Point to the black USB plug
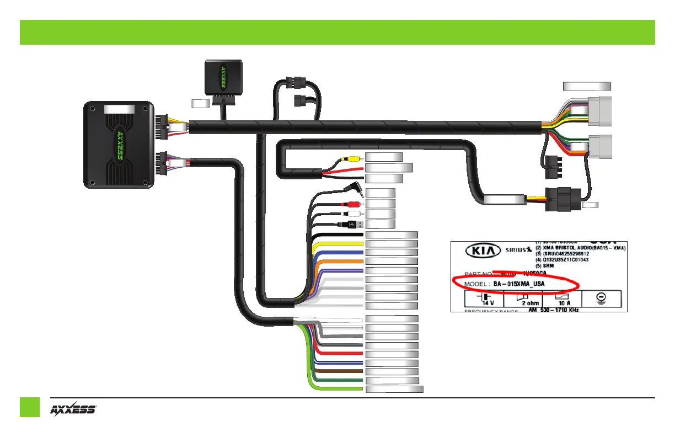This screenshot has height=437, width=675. [355, 224]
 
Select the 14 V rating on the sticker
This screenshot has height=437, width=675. [488, 302]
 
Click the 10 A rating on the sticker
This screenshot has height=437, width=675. [562, 302]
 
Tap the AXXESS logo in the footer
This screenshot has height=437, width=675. [73, 409]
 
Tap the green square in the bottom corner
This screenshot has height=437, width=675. [30, 407]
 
